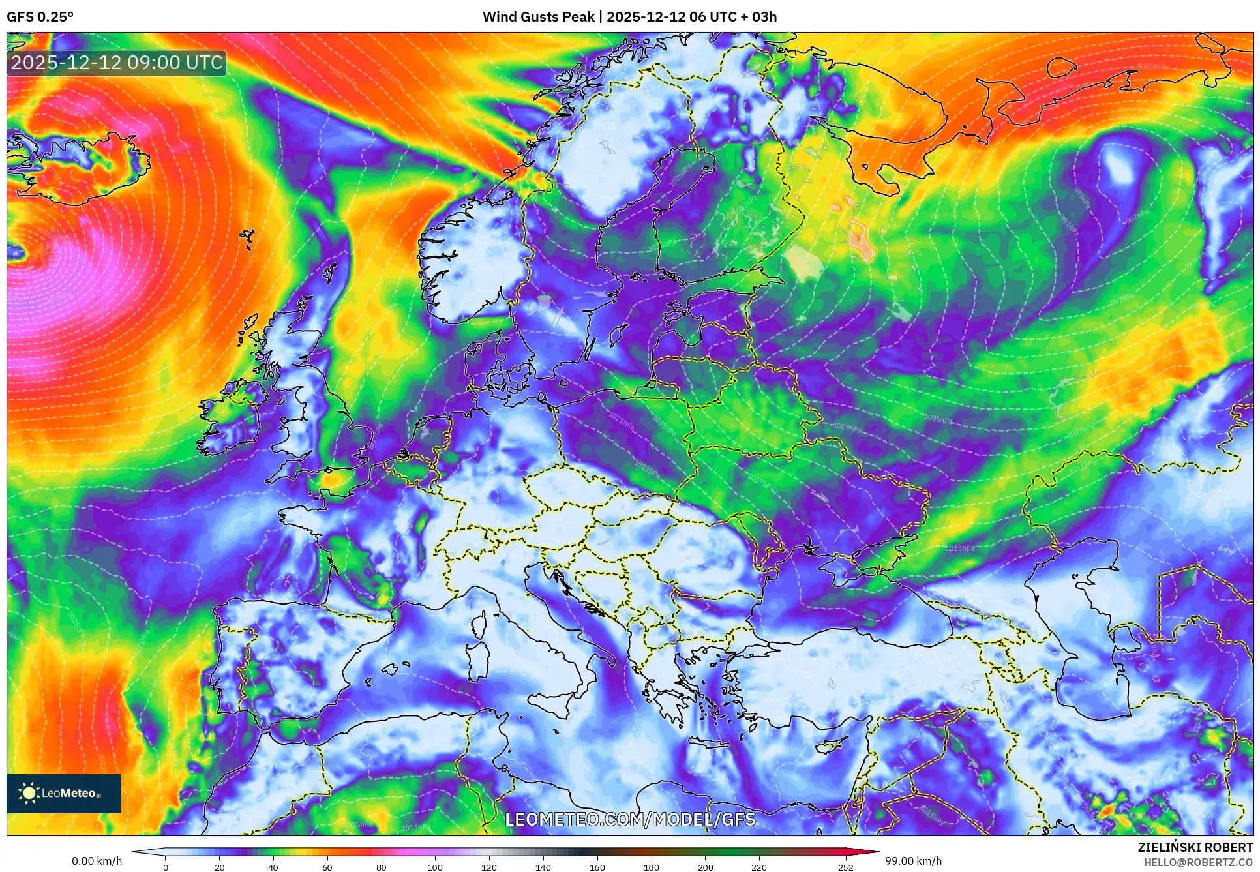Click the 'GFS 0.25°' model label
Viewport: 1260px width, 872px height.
tap(40, 17)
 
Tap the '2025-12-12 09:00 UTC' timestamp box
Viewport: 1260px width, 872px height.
tap(117, 63)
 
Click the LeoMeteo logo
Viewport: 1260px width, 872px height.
tap(64, 793)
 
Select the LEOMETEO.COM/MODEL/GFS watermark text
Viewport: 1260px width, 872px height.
tap(630, 819)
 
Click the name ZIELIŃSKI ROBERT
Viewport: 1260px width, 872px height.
tap(1195, 847)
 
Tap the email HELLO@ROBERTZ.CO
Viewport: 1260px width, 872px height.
tap(1197, 862)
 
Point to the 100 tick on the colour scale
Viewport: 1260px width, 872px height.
tap(435, 867)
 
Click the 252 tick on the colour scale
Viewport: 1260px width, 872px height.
tap(845, 867)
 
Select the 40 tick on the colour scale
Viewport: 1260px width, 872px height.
tap(273, 867)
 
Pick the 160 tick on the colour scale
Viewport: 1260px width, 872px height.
tap(597, 867)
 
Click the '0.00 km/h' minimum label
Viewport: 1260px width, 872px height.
tap(97, 861)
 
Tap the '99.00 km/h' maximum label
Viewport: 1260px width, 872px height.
tap(913, 861)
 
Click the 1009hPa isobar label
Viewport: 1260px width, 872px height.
tap(847, 427)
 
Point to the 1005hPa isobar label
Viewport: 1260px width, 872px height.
tap(938, 419)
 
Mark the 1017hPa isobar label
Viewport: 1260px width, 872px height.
tap(760, 483)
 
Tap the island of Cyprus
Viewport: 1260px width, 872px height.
tap(833, 744)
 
